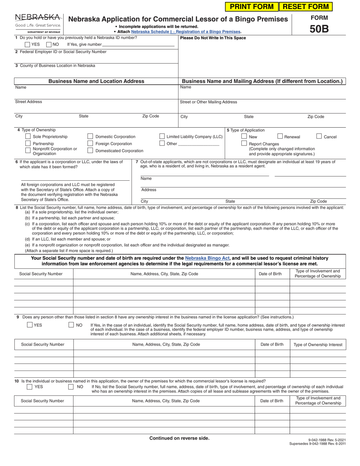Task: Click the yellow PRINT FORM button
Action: (251, 6)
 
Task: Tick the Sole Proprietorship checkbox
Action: (28, 136)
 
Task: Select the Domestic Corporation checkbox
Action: (90, 136)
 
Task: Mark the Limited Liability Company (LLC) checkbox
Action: (162, 136)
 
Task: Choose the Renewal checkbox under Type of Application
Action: (280, 136)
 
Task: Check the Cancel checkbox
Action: (319, 136)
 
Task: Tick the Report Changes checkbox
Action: (244, 144)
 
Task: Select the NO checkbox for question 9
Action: (71, 325)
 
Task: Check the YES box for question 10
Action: (29, 387)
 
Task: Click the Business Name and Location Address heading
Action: (96, 81)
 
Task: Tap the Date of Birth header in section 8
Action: (270, 274)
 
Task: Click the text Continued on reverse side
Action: (179, 438)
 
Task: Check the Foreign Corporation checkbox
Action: (90, 144)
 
